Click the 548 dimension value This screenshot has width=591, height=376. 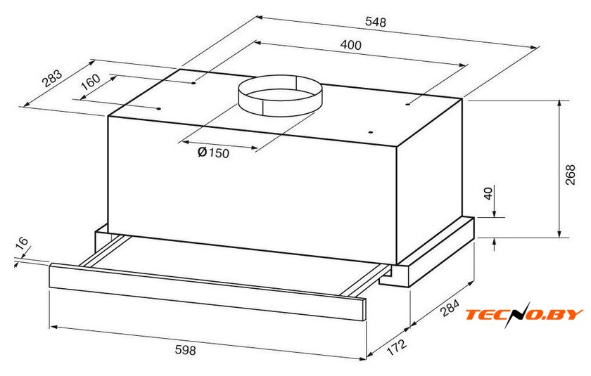(x=376, y=22)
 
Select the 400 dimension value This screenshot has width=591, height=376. (x=350, y=45)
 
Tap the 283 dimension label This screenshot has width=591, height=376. (x=51, y=78)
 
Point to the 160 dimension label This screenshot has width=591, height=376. (x=91, y=82)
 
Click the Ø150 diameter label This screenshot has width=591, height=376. (x=213, y=153)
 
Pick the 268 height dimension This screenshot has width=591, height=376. (x=571, y=174)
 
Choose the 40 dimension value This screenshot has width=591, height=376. (x=488, y=193)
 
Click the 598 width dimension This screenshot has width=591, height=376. (x=186, y=350)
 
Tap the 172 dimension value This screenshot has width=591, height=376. (x=397, y=347)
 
